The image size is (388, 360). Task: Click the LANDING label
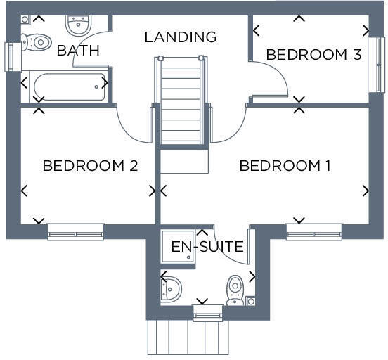(x=180, y=37)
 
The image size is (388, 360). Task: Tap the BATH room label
(x=78, y=51)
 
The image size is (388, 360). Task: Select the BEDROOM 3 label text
(x=313, y=54)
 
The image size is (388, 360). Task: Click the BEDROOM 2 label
(x=89, y=166)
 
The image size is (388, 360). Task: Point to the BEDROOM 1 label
(x=285, y=166)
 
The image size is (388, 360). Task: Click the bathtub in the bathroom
(x=66, y=86)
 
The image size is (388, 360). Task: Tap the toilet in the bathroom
(x=37, y=42)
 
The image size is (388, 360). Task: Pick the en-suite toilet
(x=235, y=289)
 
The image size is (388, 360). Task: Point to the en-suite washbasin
(x=171, y=287)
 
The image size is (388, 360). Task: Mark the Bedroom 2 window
(x=75, y=231)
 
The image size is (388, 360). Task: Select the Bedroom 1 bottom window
(x=313, y=231)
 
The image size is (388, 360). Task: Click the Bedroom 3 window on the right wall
(x=376, y=65)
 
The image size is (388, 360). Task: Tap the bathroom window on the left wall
(x=10, y=56)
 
